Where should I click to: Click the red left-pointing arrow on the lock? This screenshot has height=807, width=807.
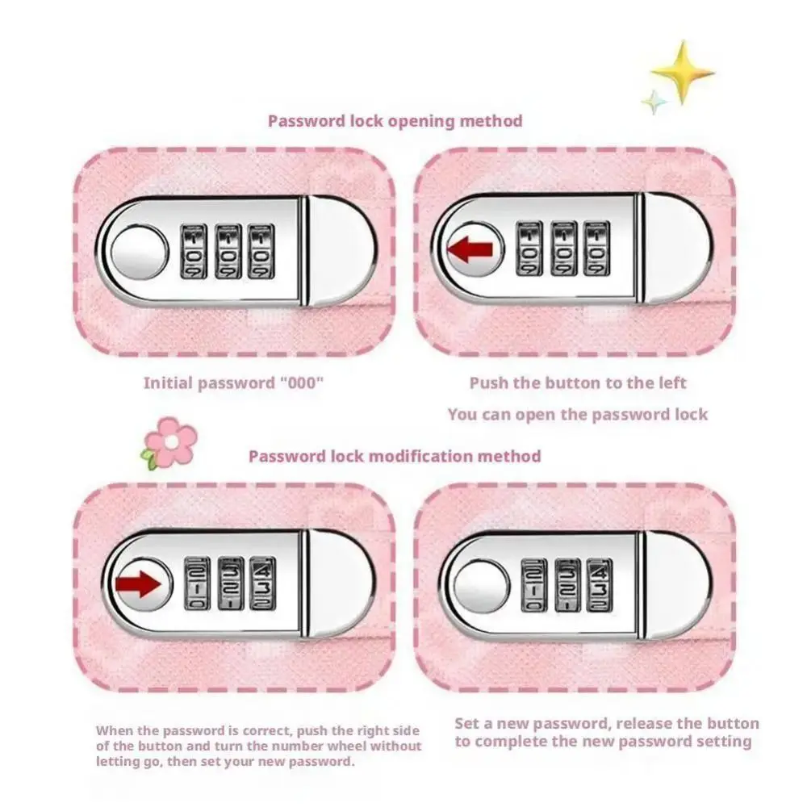pos(470,249)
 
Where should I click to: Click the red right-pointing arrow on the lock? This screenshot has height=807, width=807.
pos(139,583)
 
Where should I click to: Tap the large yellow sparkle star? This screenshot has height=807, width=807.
pos(682,73)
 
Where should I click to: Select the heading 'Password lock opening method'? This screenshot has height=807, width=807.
pos(395,121)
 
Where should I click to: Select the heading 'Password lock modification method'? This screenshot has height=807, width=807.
pos(395,456)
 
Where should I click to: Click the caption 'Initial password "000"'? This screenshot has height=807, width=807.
pos(233,383)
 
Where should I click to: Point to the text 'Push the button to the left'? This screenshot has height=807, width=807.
pos(578,383)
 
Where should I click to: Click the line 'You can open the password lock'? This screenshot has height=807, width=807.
pos(578,415)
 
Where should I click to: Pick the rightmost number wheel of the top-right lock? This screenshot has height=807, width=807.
pos(596,249)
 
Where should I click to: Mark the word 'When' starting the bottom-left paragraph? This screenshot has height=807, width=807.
pos(113,730)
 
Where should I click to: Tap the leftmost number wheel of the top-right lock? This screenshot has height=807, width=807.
pos(530,249)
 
